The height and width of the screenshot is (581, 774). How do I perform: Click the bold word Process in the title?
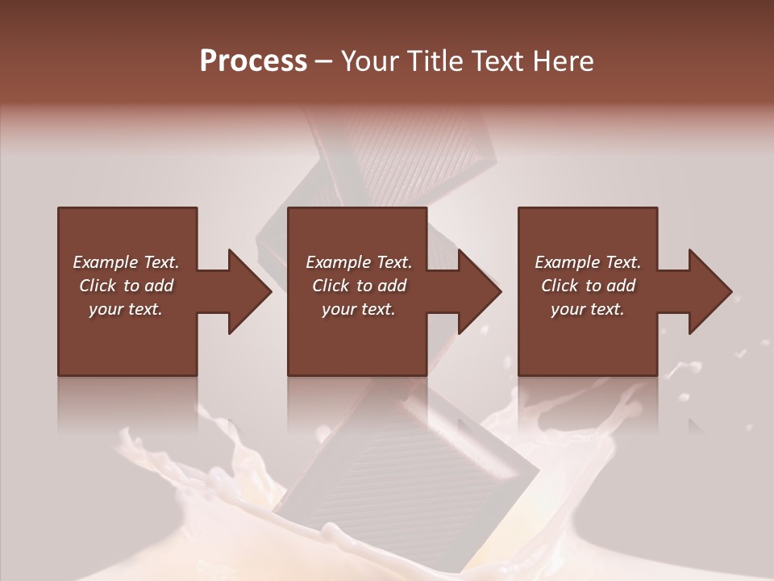pos(253,61)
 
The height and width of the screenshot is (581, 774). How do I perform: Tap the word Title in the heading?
pos(435,61)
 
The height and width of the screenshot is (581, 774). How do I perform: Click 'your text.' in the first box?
pos(127,309)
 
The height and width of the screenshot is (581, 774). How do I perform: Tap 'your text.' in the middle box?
pos(359,309)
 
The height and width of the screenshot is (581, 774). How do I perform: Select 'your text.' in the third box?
pos(588,309)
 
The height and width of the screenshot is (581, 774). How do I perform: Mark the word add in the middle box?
pos(392,286)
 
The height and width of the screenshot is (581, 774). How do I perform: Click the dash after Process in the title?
pos(324,61)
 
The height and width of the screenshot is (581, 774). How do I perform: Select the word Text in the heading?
pos(497,61)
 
